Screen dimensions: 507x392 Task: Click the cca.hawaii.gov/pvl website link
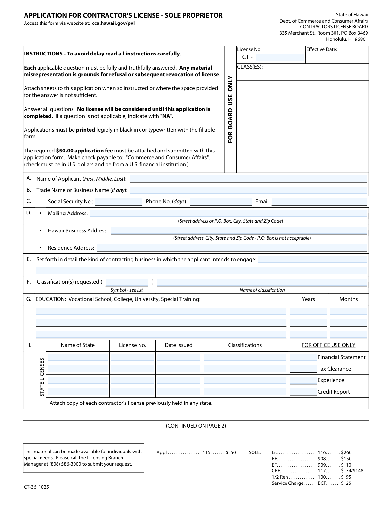point(113,23)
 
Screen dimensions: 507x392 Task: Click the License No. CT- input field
point(280,58)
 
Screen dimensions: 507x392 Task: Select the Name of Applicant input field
point(249,179)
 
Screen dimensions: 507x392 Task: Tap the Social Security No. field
point(119,202)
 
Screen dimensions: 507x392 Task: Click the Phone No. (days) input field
point(221,202)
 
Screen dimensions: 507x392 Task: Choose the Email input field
point(319,202)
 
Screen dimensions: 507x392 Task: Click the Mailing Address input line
point(228,214)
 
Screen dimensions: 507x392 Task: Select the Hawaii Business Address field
point(239,231)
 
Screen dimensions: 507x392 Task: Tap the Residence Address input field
point(232,248)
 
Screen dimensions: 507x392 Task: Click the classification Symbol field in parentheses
point(127,282)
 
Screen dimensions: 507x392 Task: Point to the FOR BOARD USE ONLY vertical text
point(230,109)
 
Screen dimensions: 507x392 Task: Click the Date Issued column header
point(178,345)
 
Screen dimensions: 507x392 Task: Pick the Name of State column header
point(78,345)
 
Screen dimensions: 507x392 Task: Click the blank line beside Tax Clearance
point(303,369)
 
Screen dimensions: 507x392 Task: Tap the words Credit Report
point(334,392)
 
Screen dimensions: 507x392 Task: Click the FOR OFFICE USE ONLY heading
point(328,345)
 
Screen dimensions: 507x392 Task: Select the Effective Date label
point(321,50)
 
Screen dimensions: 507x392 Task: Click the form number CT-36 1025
point(36,487)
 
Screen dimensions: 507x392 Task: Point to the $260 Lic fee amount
point(346,452)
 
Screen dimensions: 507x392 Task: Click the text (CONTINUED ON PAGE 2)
point(196,426)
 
